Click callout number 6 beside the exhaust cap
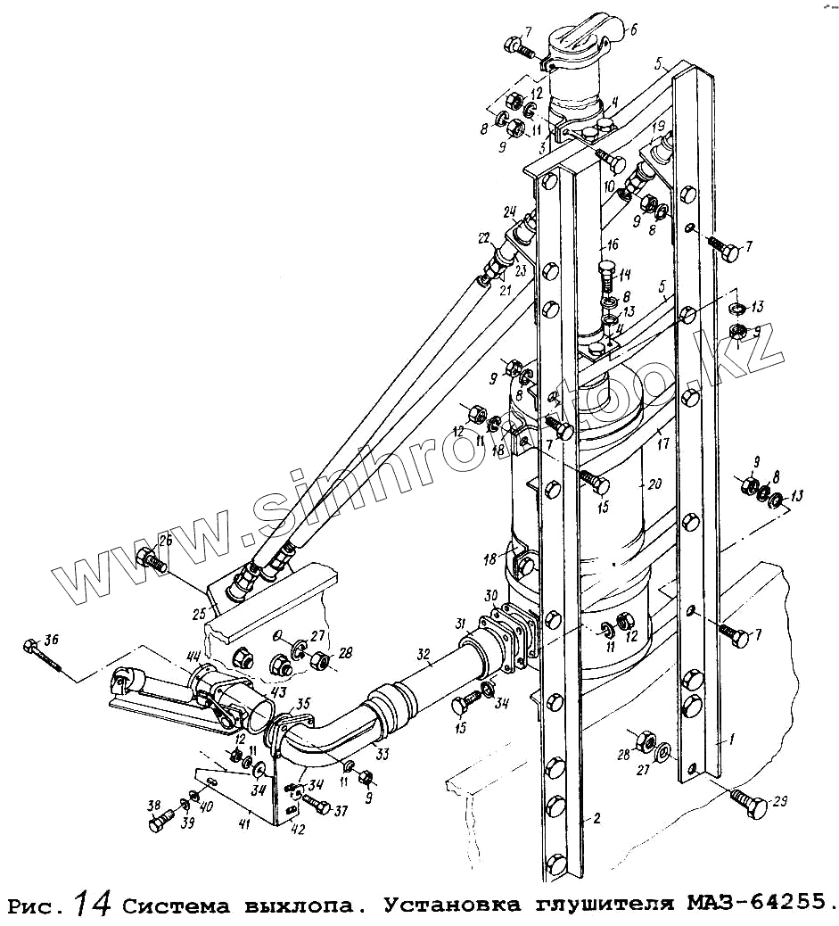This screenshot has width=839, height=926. (634, 29)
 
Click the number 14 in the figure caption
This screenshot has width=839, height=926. (93, 904)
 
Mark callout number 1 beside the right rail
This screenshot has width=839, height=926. (731, 740)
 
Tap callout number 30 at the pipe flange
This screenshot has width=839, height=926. (490, 595)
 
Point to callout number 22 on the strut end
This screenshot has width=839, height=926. (483, 239)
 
